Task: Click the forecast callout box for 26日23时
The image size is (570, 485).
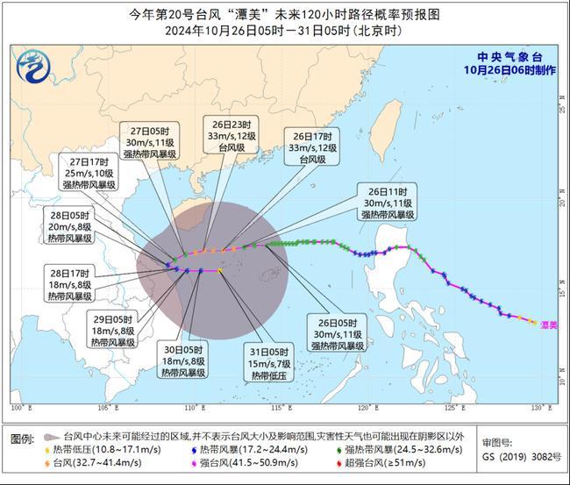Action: [231, 136]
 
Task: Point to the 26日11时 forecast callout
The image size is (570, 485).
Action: [386, 203]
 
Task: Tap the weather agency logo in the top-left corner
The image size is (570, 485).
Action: [32, 64]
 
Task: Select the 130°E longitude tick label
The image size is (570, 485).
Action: [545, 408]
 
